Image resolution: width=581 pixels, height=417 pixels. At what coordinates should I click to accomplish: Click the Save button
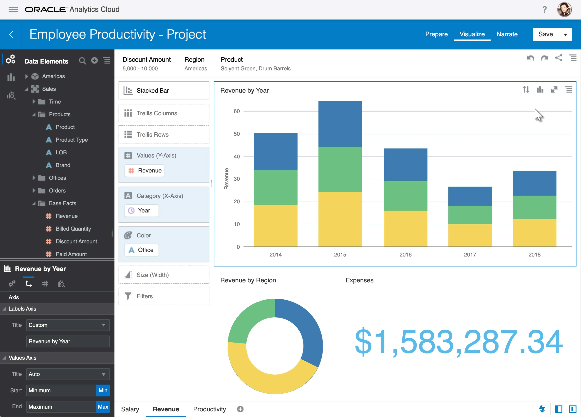(545, 34)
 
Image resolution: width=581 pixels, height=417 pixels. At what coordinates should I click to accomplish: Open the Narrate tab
(507, 34)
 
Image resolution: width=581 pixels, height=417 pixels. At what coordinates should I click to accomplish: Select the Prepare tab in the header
(436, 34)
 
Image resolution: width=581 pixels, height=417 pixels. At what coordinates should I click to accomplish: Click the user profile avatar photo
(564, 9)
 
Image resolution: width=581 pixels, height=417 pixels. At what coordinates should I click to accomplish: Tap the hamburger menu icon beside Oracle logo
(13, 9)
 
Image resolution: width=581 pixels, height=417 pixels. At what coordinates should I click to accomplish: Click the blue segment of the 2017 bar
(470, 196)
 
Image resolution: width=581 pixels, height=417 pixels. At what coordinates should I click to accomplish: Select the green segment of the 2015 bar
(340, 169)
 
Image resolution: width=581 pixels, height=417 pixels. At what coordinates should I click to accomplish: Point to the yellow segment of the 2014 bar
(276, 226)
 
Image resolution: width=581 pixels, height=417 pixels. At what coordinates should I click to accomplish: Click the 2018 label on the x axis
(534, 254)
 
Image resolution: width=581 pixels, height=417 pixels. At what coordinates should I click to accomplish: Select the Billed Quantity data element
(73, 229)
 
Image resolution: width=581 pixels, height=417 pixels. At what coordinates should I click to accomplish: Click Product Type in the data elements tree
(72, 140)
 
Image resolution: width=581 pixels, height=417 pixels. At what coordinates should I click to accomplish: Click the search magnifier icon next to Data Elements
(82, 61)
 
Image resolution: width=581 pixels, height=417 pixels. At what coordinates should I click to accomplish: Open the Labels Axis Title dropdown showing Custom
(68, 325)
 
